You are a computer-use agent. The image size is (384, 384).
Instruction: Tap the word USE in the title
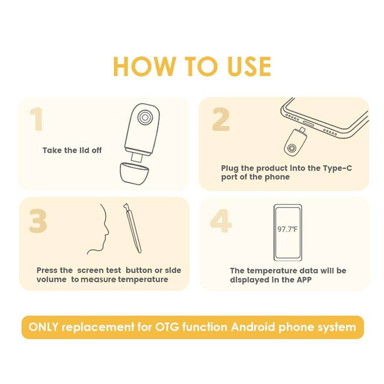249,66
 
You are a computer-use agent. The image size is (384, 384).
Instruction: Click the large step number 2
221,119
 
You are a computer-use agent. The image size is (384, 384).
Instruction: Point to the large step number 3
38,221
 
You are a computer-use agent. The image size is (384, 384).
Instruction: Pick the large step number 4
221,221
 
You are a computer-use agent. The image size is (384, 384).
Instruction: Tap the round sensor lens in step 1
145,117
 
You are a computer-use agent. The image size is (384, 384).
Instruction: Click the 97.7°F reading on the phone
288,230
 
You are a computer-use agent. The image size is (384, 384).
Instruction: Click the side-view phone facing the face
132,228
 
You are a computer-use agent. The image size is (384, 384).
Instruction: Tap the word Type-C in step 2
338,168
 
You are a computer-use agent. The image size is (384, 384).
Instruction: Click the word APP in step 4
304,280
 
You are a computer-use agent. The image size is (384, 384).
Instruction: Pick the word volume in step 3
51,280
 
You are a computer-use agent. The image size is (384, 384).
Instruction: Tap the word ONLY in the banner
43,327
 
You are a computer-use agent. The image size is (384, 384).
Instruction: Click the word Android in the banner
253,327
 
